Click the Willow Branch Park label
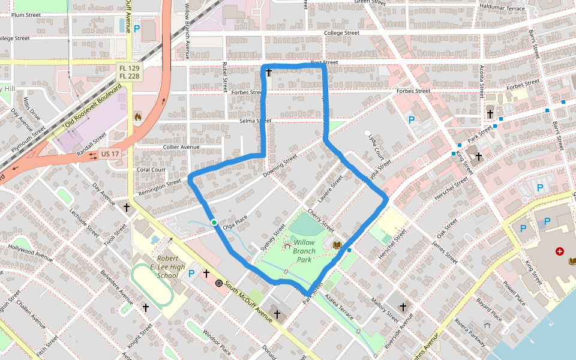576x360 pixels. tap(304, 251)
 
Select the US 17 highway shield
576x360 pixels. tap(110, 154)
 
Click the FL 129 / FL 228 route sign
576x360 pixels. tap(129, 72)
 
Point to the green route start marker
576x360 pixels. tap(214, 223)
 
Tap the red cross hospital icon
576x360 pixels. tap(560, 251)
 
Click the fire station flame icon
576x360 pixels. tap(137, 116)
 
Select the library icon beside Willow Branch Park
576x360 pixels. tap(337, 245)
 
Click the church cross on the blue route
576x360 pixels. tap(269, 73)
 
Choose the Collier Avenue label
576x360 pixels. tap(181, 147)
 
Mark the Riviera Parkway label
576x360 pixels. tap(469, 332)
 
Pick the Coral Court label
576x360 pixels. tap(151, 169)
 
